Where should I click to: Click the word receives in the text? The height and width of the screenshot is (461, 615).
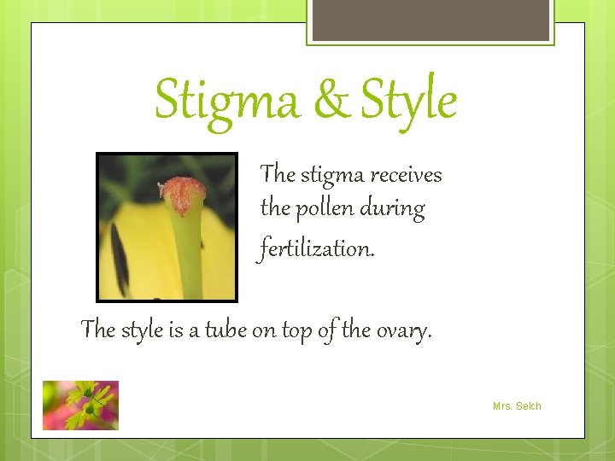(x=401, y=175)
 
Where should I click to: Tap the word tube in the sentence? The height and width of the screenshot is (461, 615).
(x=225, y=329)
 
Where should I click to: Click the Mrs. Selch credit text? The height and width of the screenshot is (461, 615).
(x=517, y=406)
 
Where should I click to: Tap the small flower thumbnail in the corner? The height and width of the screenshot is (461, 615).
(x=80, y=405)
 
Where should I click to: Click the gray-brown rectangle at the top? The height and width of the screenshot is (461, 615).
(x=430, y=20)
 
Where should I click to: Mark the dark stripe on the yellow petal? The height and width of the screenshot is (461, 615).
(x=119, y=256)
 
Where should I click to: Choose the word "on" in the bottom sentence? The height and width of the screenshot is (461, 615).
(x=263, y=330)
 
